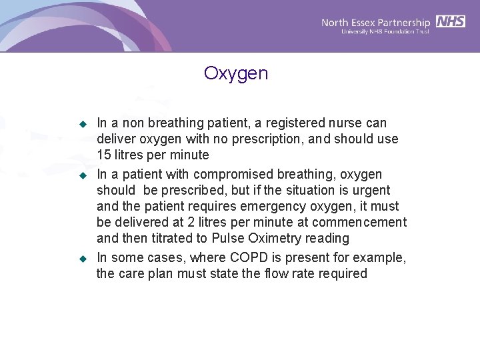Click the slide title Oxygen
point(236,73)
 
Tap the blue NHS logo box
point(451,21)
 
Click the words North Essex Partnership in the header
point(376,22)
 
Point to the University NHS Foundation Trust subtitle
point(385,31)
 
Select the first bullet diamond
point(83,123)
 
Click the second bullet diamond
point(83,175)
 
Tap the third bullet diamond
point(83,258)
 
